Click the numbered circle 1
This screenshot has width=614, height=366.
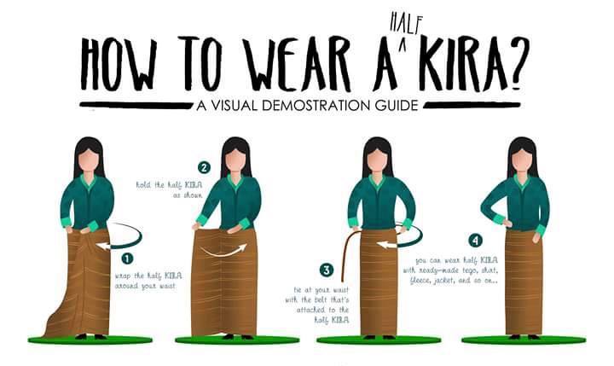point(127,259)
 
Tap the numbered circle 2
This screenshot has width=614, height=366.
point(204,168)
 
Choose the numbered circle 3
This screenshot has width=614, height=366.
point(326,270)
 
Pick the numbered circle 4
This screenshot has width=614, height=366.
point(475,241)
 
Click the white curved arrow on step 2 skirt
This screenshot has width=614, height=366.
point(224,253)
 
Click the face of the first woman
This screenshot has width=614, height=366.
point(90,160)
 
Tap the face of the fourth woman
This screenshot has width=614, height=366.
point(523,160)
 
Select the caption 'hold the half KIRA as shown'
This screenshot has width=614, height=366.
point(169,189)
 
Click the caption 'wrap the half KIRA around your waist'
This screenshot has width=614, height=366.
point(148,281)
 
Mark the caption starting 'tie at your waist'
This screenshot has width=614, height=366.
point(317,305)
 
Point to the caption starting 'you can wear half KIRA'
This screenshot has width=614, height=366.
point(451,270)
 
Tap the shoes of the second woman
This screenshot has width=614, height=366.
point(236,336)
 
